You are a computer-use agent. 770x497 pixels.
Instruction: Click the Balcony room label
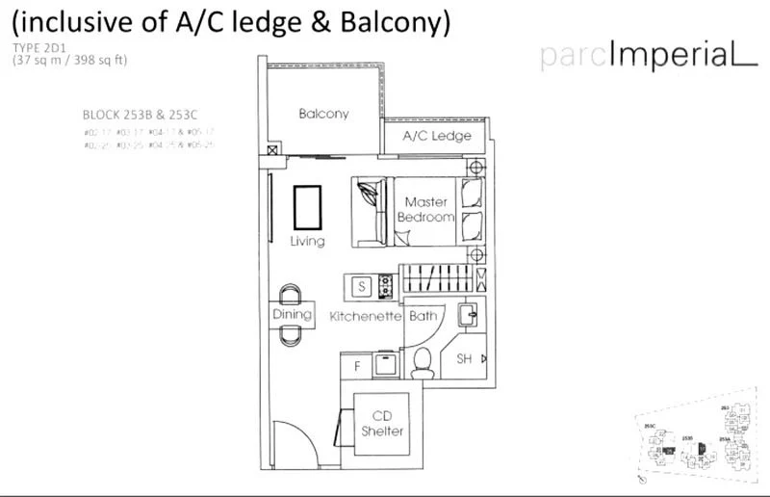point(323,114)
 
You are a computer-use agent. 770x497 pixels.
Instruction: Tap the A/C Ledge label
point(436,136)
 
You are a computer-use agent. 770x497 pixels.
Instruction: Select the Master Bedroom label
point(425,210)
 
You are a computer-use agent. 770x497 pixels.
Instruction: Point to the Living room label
point(308,242)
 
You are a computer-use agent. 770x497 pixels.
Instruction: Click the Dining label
point(292,315)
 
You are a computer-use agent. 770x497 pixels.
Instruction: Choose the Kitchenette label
point(365,316)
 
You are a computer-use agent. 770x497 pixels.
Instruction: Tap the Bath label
point(423,316)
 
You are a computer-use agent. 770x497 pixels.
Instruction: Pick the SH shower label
point(463,359)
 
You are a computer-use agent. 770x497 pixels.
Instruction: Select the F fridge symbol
point(358,366)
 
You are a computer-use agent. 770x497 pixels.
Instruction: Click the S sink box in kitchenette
point(362,286)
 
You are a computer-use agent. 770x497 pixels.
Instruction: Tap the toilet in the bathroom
point(421,361)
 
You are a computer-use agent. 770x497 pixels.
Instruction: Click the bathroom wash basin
point(469,315)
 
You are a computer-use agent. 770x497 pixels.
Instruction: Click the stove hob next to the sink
point(386,285)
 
